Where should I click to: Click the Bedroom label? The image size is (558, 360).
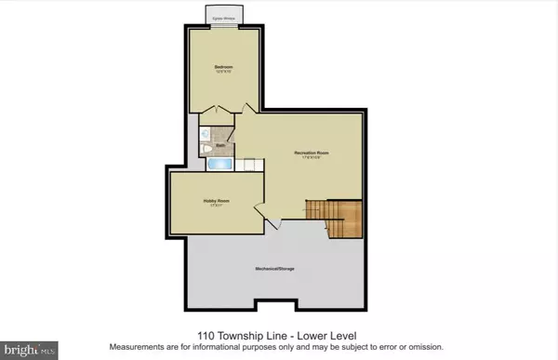[223, 67]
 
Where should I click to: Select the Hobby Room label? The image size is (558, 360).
[216, 202]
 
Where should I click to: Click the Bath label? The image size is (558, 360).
[220, 145]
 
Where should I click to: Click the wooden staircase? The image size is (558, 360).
[341, 220]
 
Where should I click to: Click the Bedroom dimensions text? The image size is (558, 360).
[223, 73]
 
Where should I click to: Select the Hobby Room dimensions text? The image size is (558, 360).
[216, 207]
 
